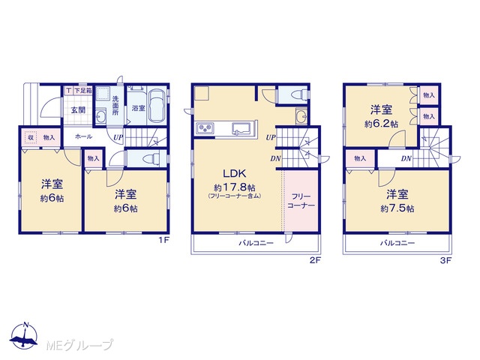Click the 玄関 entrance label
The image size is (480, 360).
pos(78,110)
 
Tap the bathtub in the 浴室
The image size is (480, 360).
pos(157,106)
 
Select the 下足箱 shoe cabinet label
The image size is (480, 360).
pos(83,90)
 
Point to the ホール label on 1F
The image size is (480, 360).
pos(83,136)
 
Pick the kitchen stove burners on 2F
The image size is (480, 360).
pos(203,127)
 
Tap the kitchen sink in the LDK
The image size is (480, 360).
pos(241,127)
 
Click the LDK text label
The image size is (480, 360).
pos(234,174)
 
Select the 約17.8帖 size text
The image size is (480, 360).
pos(235,187)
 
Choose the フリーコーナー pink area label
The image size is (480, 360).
pos(301,201)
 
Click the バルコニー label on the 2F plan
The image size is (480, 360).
pos(256,243)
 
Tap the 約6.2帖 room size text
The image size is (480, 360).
pos(381,124)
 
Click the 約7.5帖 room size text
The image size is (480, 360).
pos(397,208)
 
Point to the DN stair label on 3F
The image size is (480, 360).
pos(406,158)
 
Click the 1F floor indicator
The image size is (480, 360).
pos(163,240)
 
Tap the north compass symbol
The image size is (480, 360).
pos(24,335)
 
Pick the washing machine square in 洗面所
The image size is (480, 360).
pos(103,94)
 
